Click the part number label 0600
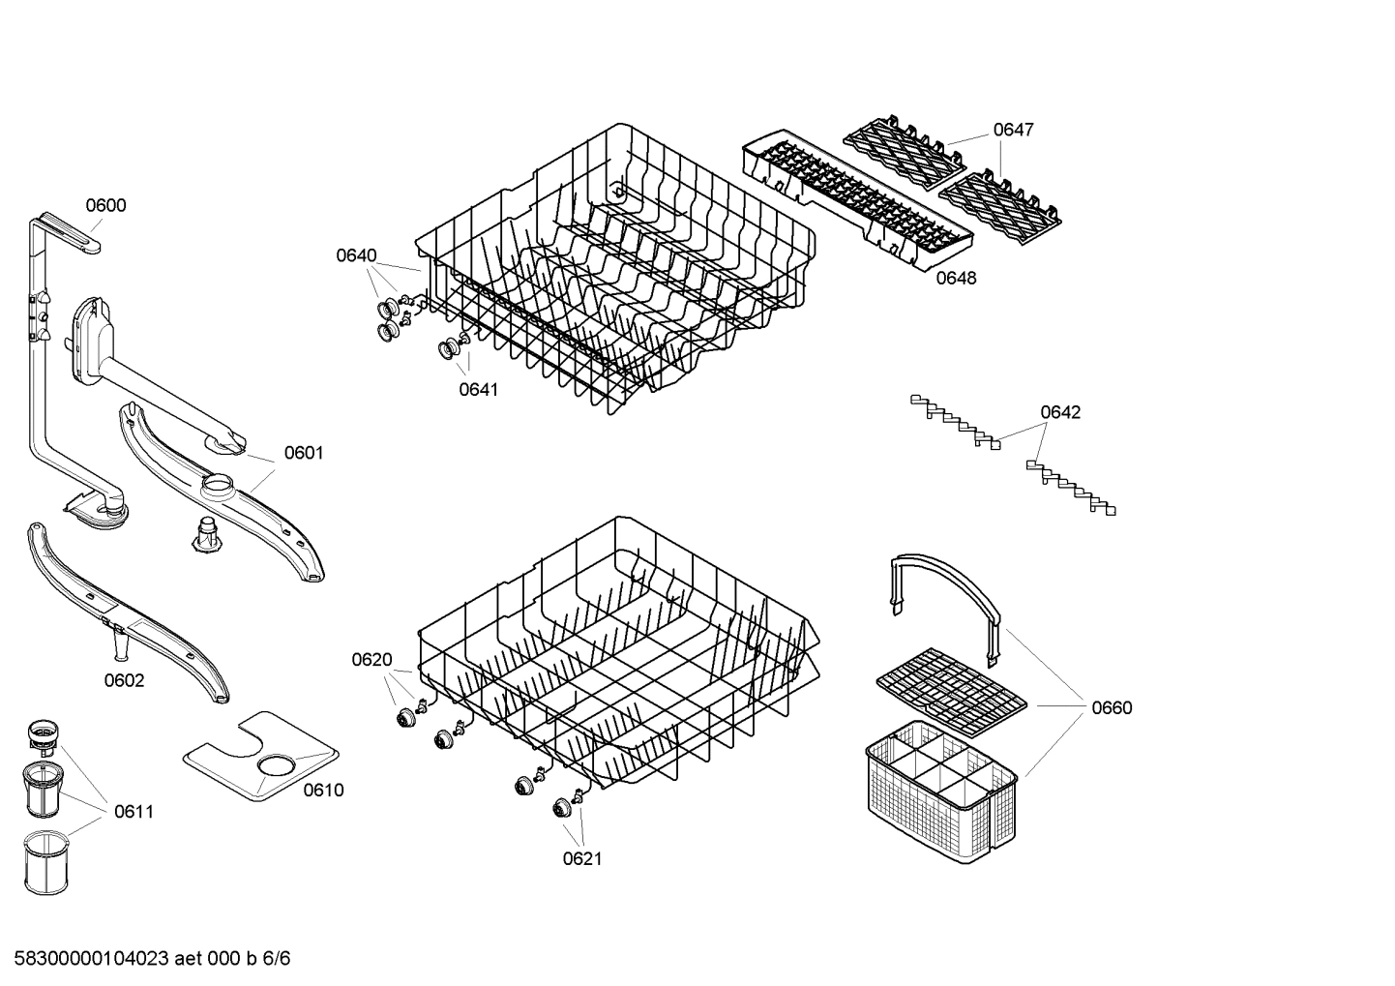(105, 205)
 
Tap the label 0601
(304, 453)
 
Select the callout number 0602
(124, 680)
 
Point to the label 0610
(323, 791)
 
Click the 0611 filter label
(134, 812)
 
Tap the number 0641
(478, 389)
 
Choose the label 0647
(1013, 130)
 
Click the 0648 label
(956, 279)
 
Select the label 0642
(1060, 412)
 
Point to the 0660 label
(1112, 707)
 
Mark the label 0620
(371, 660)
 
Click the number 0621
(581, 858)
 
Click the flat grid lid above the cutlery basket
(952, 686)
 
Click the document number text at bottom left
(146, 959)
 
